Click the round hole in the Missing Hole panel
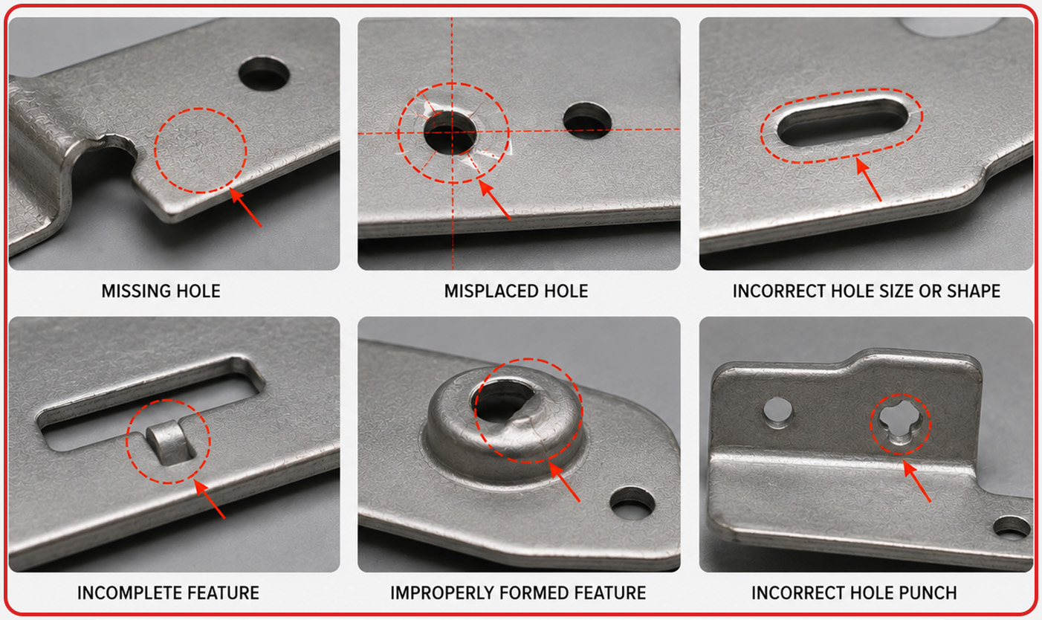point(264,74)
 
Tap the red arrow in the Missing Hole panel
point(246,207)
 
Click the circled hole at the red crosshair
point(450,133)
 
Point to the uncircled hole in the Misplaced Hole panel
point(587,121)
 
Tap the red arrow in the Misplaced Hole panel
point(495,200)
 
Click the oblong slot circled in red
point(842,122)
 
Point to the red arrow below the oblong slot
point(869,180)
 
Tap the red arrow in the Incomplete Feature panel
point(210,500)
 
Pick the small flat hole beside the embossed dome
point(632,503)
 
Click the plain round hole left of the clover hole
point(777,412)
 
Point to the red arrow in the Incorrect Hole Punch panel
point(917,481)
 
